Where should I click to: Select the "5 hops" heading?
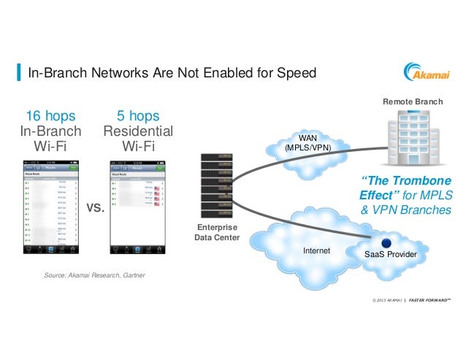pyautogui.click(x=138, y=117)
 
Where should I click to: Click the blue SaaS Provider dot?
pyautogui.click(x=386, y=242)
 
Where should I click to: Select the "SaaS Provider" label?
pyautogui.click(x=391, y=255)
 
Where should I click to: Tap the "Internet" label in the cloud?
pyautogui.click(x=316, y=251)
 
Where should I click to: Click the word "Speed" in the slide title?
pyautogui.click(x=299, y=74)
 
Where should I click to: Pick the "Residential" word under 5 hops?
pyautogui.click(x=138, y=132)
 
